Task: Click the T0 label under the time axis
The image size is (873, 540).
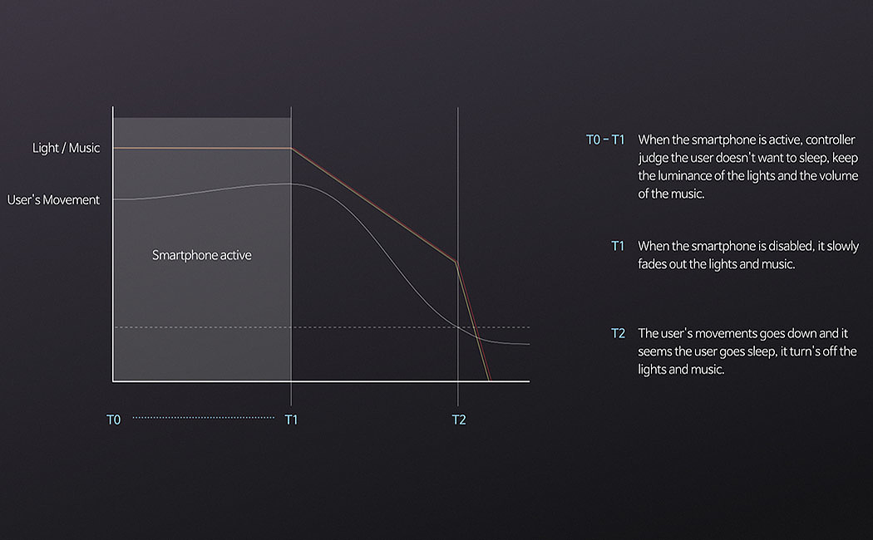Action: click(114, 420)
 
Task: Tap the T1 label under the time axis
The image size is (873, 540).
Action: click(291, 420)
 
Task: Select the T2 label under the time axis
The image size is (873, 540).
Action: click(459, 420)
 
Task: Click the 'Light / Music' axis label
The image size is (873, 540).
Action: click(67, 148)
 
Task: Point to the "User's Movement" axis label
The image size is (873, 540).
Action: click(53, 199)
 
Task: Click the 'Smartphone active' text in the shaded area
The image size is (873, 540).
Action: click(201, 255)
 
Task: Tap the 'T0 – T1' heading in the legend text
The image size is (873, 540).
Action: click(605, 140)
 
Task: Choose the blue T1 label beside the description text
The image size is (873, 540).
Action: click(618, 246)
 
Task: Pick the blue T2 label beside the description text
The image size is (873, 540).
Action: click(618, 333)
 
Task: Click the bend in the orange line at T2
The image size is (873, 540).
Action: click(456, 262)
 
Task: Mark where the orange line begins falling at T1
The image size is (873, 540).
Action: click(291, 149)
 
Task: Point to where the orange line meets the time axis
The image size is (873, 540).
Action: click(490, 381)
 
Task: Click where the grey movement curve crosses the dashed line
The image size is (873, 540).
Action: click(458, 327)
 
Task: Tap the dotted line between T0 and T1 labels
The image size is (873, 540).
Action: click(203, 417)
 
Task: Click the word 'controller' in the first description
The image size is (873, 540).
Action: click(830, 140)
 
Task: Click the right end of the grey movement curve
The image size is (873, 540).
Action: click(529, 344)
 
